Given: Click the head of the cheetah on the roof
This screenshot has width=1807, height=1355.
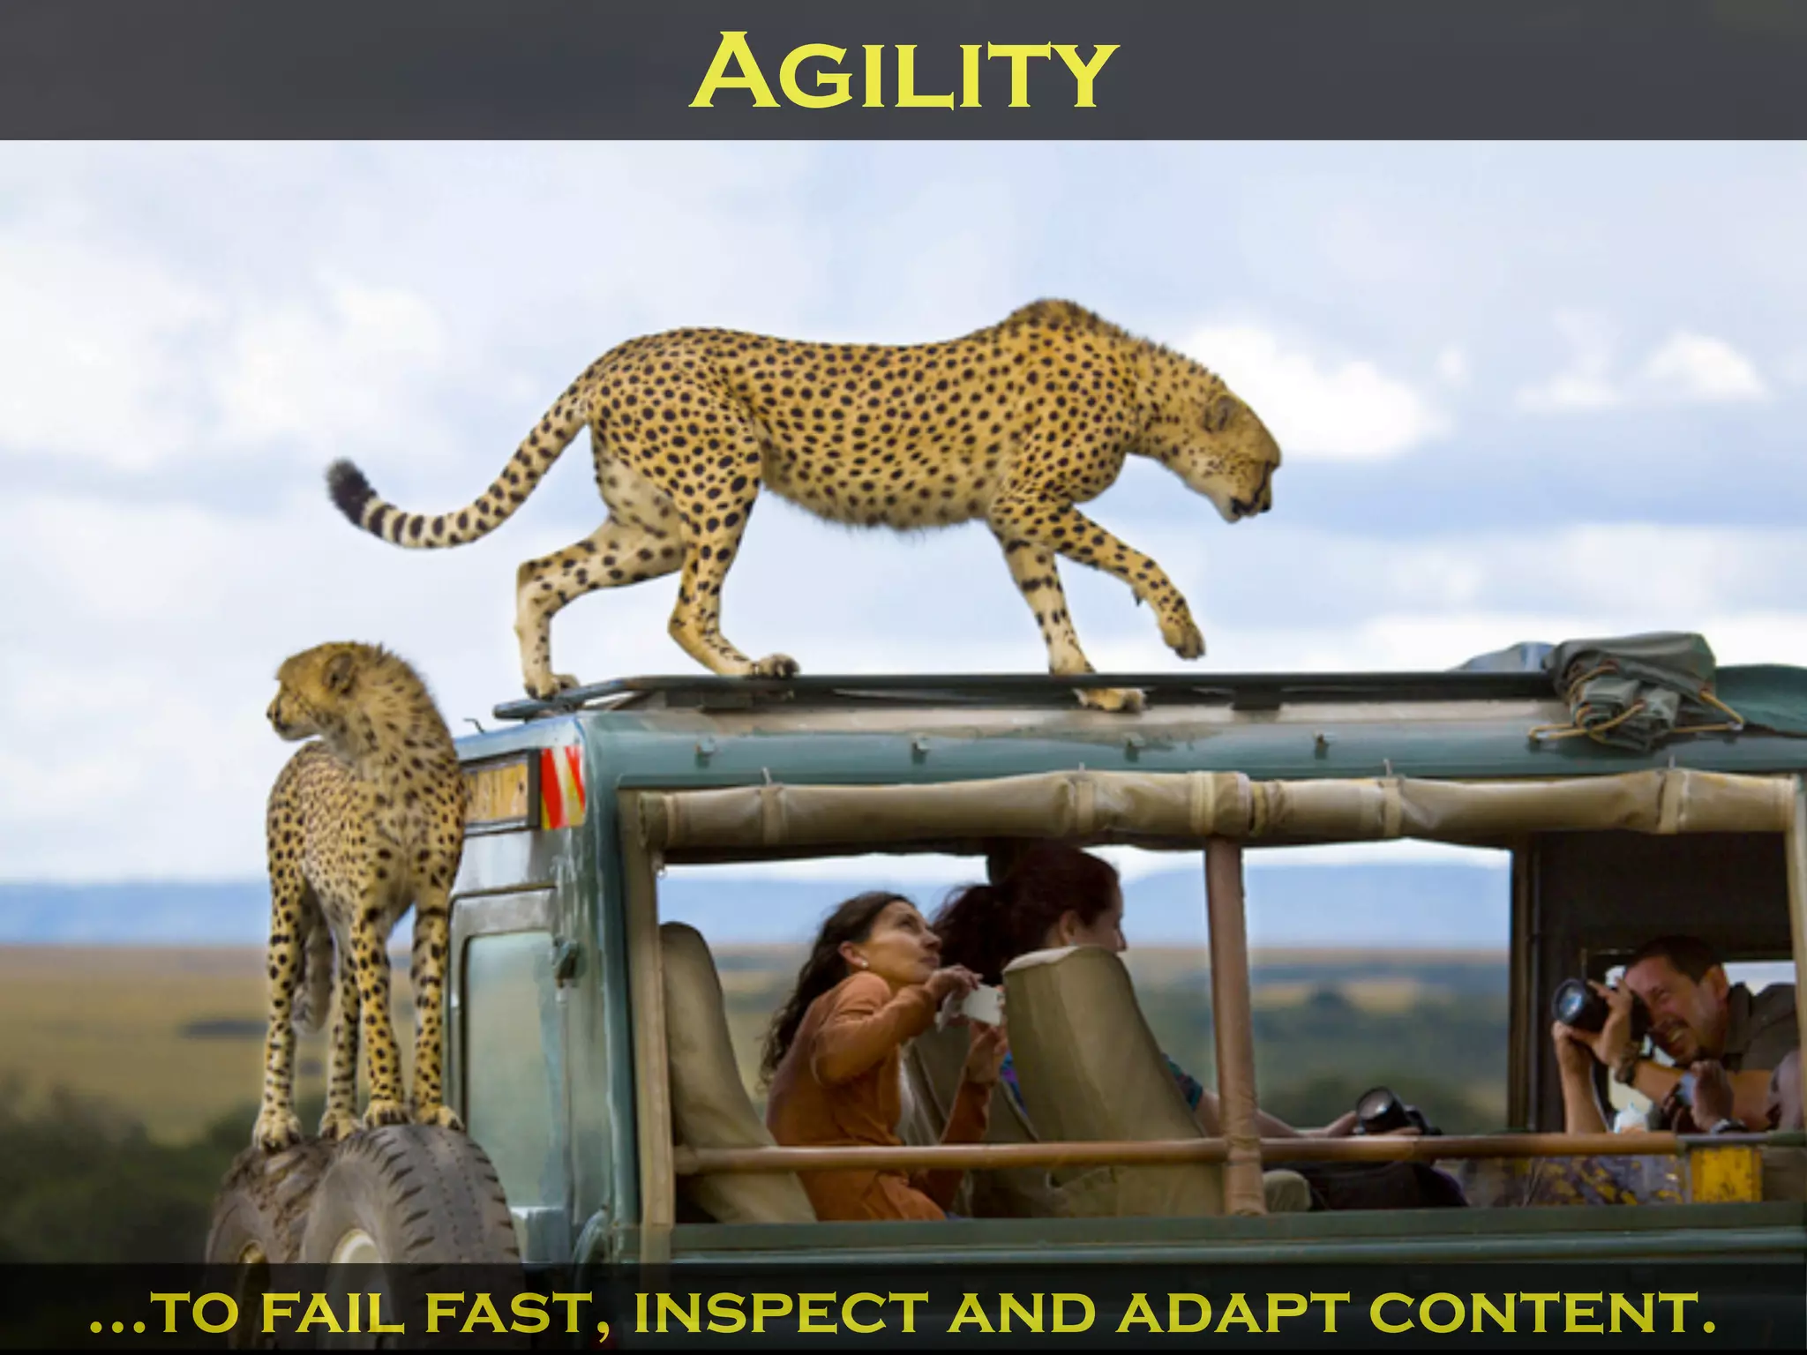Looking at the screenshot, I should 1240,459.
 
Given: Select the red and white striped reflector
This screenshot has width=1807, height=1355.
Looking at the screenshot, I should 562,788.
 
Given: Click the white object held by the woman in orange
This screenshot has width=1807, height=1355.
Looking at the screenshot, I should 979,1006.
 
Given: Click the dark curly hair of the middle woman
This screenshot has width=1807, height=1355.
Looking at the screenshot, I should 1032,891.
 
